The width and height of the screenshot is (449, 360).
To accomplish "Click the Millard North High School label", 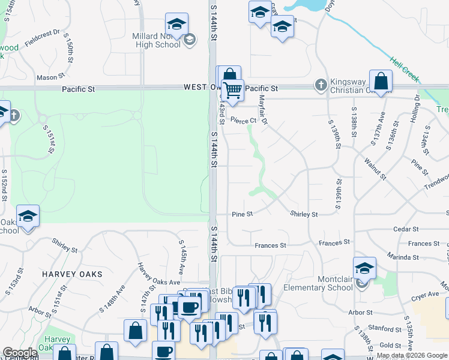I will point(156,40).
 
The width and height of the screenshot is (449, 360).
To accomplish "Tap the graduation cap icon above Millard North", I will point(176,25).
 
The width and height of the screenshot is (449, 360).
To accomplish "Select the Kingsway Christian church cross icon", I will point(321,85).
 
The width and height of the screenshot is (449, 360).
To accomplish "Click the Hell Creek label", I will point(403,69).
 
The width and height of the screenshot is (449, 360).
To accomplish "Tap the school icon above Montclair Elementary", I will point(364,268).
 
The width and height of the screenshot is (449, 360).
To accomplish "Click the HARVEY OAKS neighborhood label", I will point(73,274).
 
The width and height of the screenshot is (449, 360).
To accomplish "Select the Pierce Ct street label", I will point(243,121).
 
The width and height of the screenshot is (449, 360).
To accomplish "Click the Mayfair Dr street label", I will point(263,111).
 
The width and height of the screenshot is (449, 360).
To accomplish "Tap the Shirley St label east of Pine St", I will point(304,214).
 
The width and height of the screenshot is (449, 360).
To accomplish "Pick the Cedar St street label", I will point(406,229).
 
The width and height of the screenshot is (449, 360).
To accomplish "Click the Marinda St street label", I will point(403,257).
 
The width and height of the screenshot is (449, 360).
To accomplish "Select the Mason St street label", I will point(50,77).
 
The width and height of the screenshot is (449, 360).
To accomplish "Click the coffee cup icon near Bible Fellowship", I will point(189,308).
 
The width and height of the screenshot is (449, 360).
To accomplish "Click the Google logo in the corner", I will point(20,353).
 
